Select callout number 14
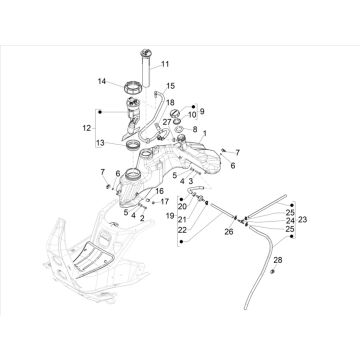[101, 81]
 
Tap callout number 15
[170, 87]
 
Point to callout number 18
[169, 103]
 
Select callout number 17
[165, 202]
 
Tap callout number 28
[278, 260]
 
